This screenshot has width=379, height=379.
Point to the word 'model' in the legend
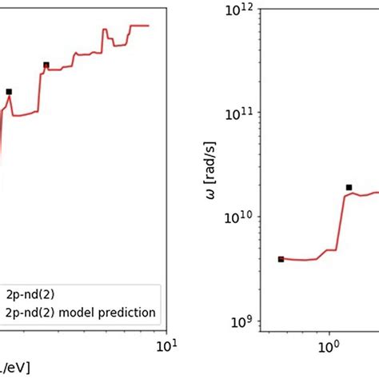[x=82, y=311]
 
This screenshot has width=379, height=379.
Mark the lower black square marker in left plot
[x=9, y=92]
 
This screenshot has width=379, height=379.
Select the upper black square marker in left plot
[x=46, y=65]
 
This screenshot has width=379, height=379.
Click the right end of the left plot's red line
[x=149, y=26]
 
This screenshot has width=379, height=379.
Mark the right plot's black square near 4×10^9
[x=281, y=259]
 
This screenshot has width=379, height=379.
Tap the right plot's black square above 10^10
[x=349, y=187]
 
